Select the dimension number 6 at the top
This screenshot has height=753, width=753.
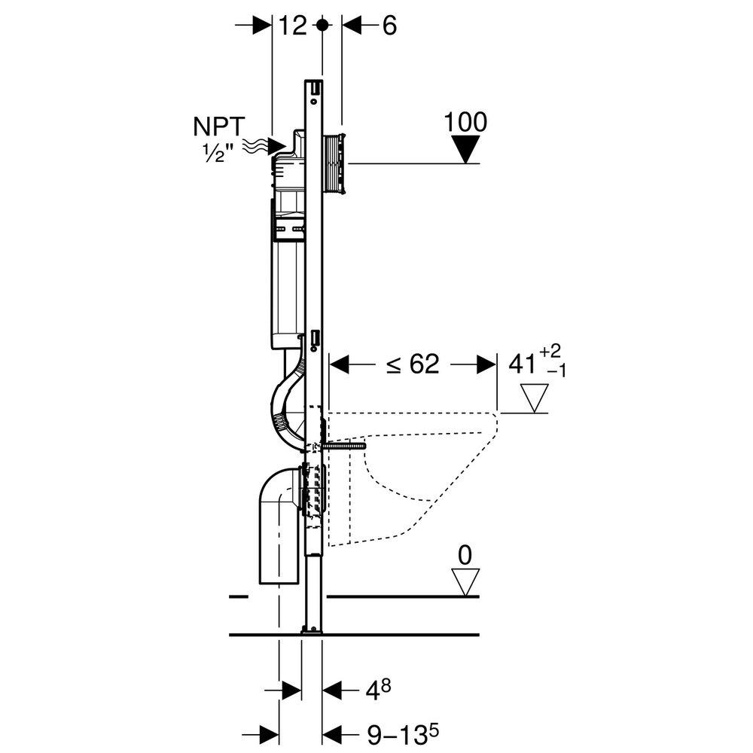389,26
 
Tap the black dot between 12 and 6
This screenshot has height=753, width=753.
322,25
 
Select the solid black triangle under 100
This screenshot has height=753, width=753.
468,150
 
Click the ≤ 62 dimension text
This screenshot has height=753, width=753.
413,364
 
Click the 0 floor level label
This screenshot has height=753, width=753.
465,556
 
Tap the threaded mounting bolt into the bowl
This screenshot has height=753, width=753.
345,445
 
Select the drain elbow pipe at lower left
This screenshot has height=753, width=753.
277,527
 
